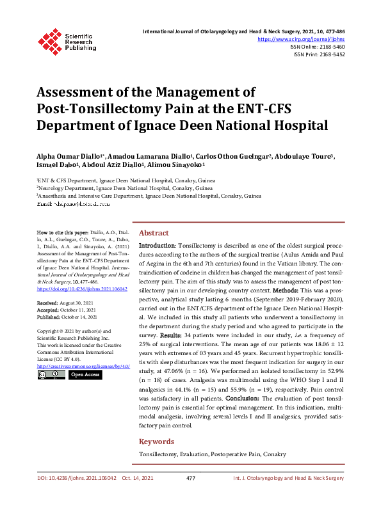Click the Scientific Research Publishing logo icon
click(50, 39)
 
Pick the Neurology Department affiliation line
click(125, 189)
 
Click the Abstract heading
click(154, 234)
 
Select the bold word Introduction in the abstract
click(157, 246)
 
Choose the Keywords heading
click(156, 441)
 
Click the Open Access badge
click(85, 374)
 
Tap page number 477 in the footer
click(190, 478)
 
